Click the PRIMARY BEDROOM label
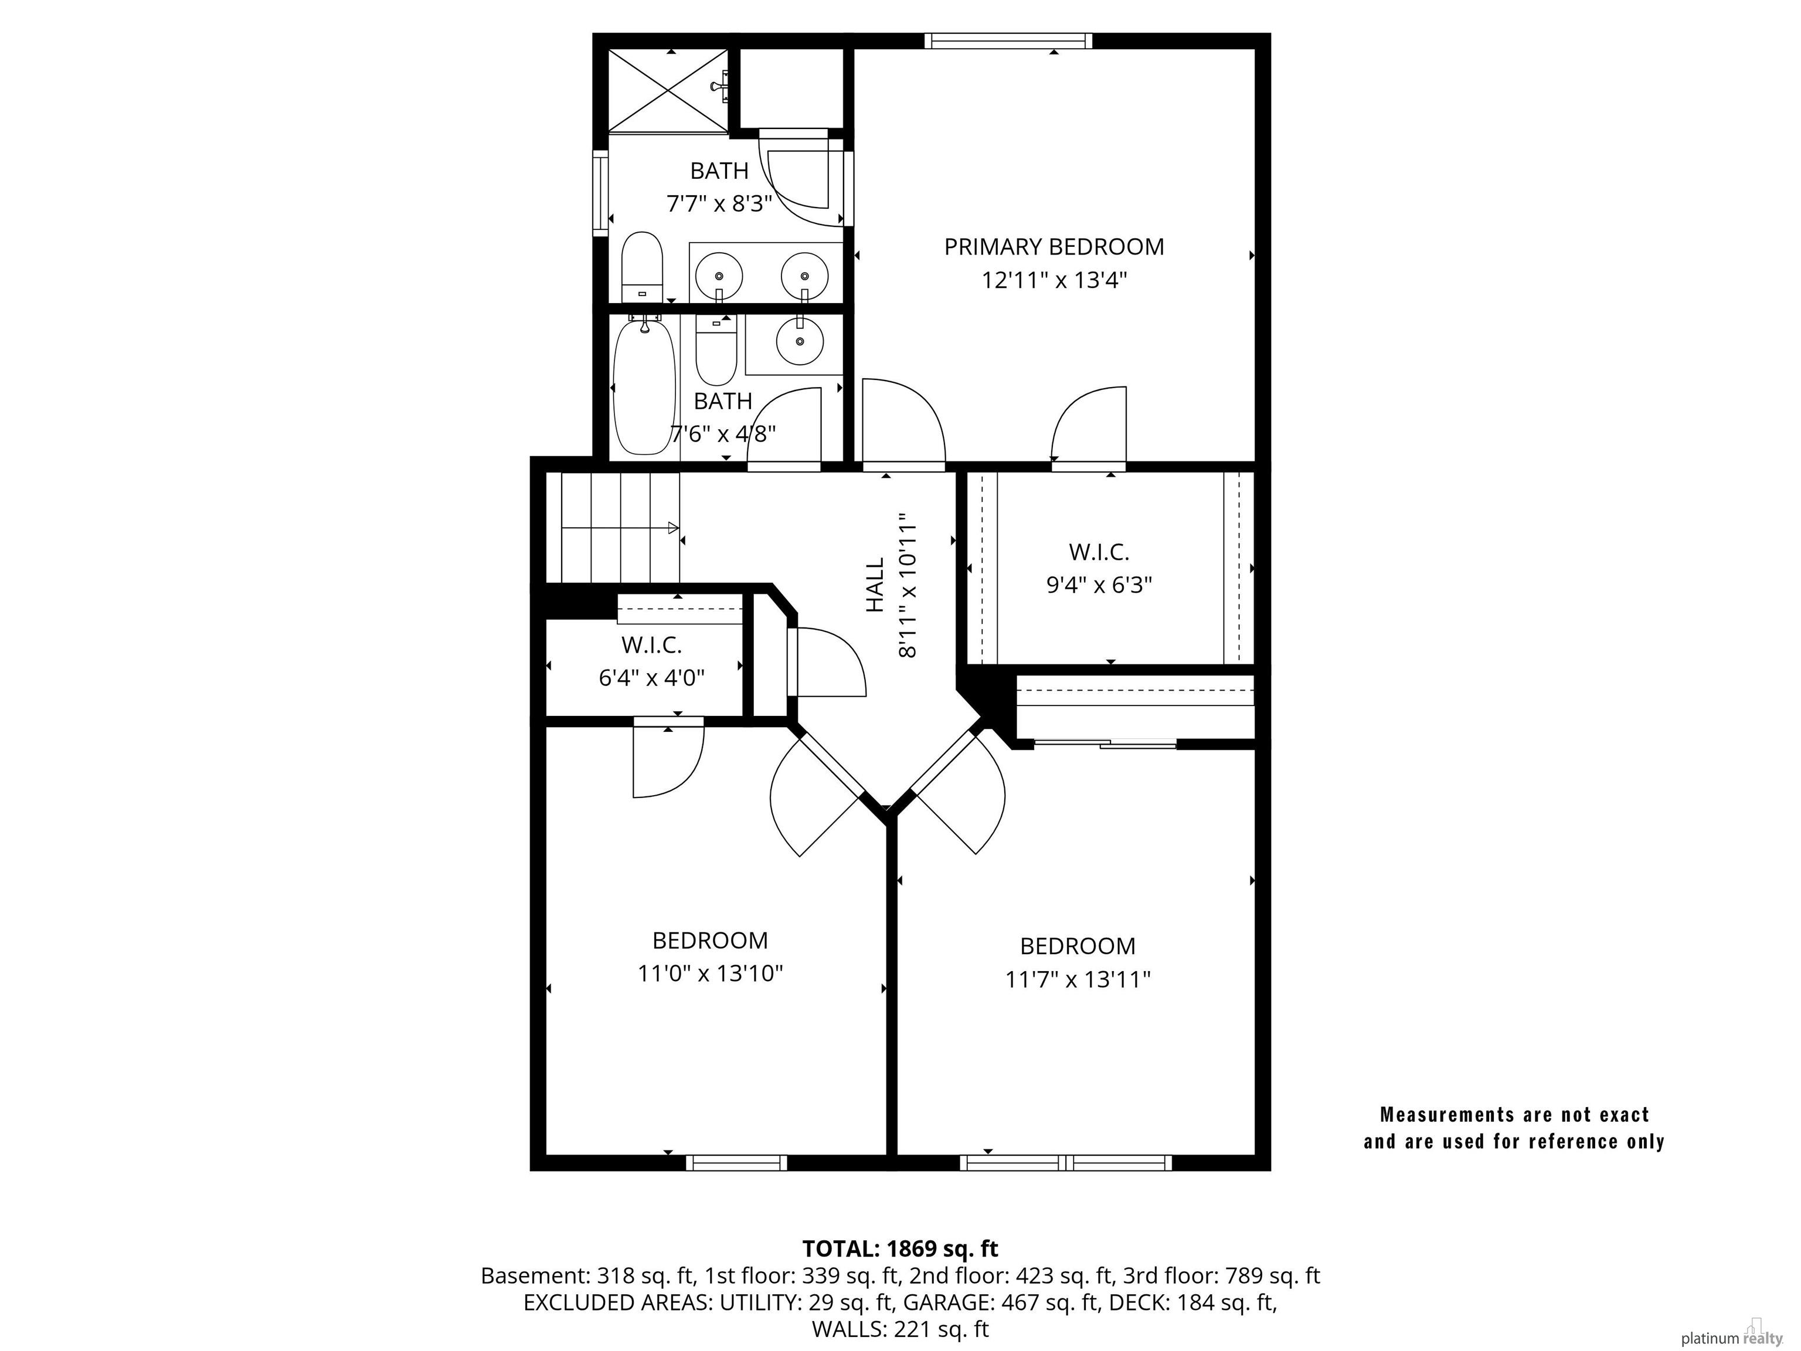1054,247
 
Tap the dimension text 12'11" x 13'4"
1054,280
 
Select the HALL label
875,585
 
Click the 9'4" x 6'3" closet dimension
1099,585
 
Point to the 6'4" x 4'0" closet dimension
651,677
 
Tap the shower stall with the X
668,90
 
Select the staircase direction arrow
620,528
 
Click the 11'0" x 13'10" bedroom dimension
710,973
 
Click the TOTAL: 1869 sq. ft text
900,1248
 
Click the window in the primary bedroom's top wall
1008,40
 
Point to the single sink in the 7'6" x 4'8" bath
800,341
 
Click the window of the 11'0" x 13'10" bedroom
737,1163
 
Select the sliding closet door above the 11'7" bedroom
1105,744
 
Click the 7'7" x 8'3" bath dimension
719,203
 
